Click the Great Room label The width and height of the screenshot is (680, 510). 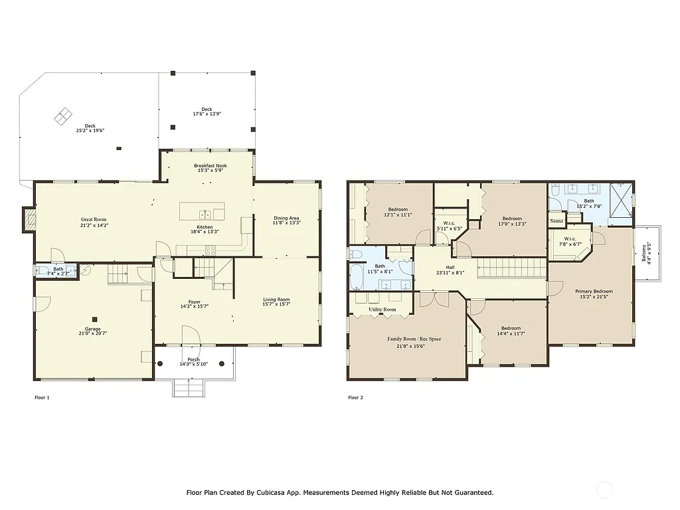coord(94,219)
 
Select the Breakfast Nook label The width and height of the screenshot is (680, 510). coord(211,165)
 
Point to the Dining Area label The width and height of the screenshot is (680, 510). coord(286,218)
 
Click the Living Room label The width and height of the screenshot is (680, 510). coord(276,299)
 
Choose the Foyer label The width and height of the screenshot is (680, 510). coord(194,301)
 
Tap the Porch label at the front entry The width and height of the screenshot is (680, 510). coord(193,359)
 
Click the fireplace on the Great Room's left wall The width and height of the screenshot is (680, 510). coord(29,220)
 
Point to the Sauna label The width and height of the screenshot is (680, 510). coord(556,220)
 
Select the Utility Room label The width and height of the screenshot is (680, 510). coord(382,309)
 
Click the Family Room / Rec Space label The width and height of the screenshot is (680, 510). coord(414,339)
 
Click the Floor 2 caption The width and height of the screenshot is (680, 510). coord(356,398)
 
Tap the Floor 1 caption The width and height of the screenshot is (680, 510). coord(42,398)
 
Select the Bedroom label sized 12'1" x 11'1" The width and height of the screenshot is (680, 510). coord(398,209)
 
